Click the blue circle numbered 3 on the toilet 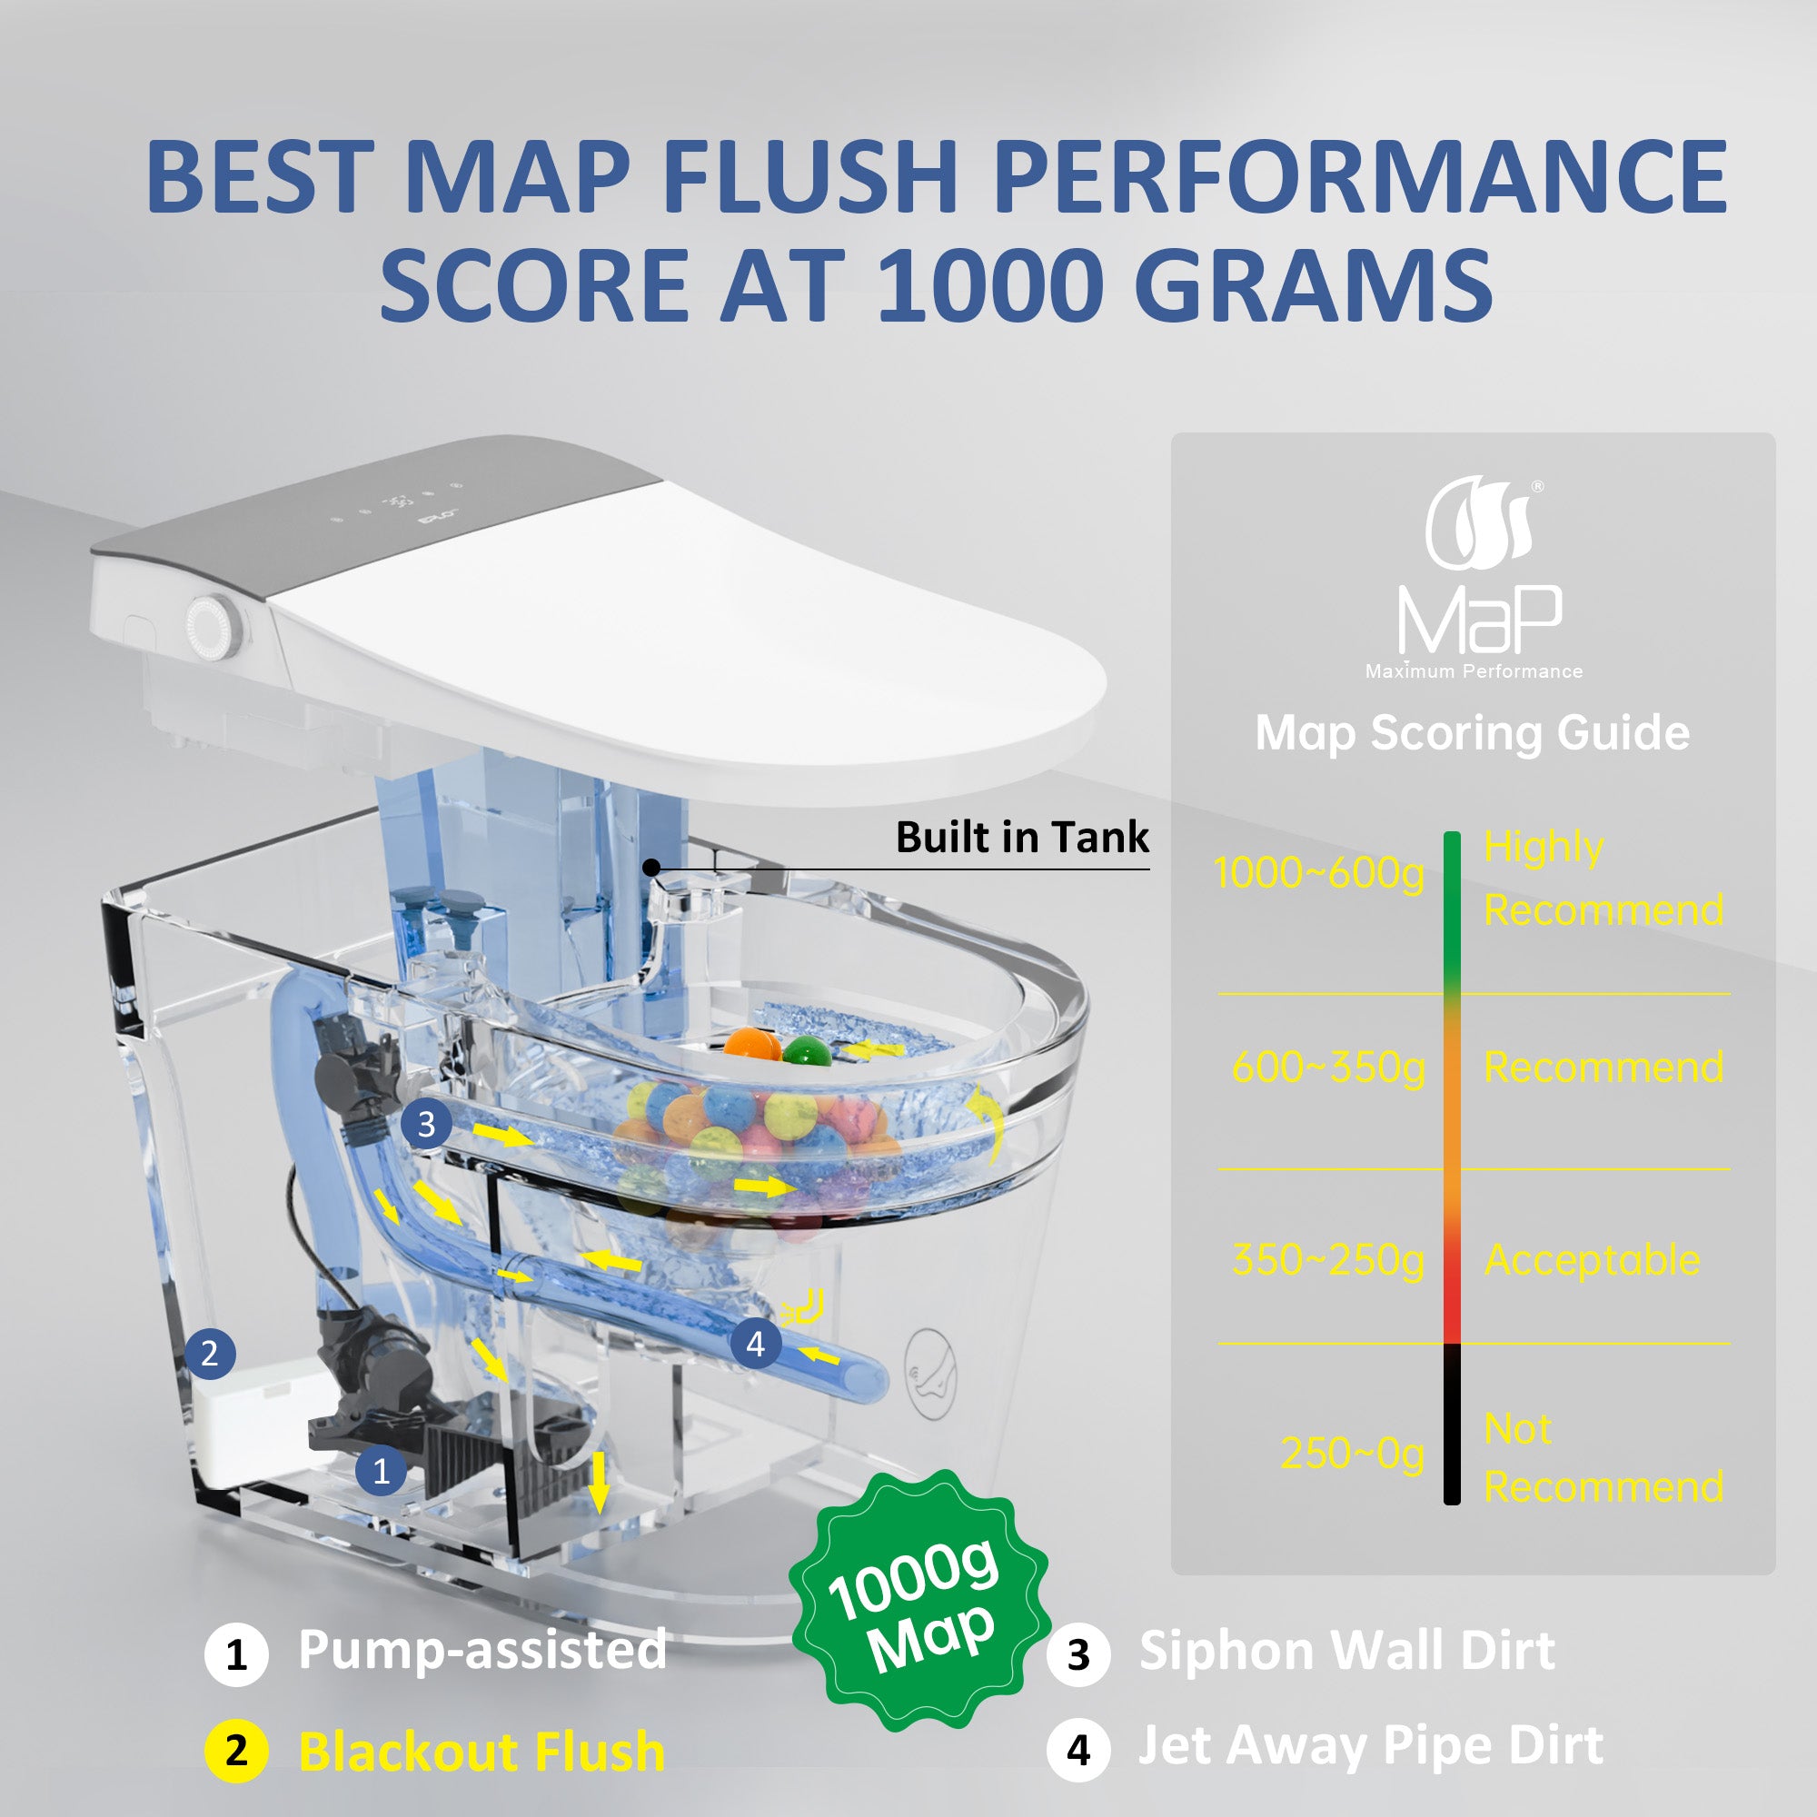(x=426, y=1124)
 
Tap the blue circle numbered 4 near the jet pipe (x=755, y=1344)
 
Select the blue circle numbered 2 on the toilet (x=210, y=1353)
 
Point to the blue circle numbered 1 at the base (x=381, y=1471)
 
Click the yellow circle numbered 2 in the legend (x=236, y=1751)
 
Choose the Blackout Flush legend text (x=482, y=1752)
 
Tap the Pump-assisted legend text (x=482, y=1650)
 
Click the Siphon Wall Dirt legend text (x=1346, y=1651)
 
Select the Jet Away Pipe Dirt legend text (x=1370, y=1746)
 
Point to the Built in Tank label (x=1022, y=837)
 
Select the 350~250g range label (x=1329, y=1261)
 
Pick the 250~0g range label (x=1353, y=1454)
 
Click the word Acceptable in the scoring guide (x=1593, y=1260)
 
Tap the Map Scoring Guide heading (x=1472, y=733)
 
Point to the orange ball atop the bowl (x=749, y=1046)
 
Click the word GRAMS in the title (x=1314, y=284)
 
